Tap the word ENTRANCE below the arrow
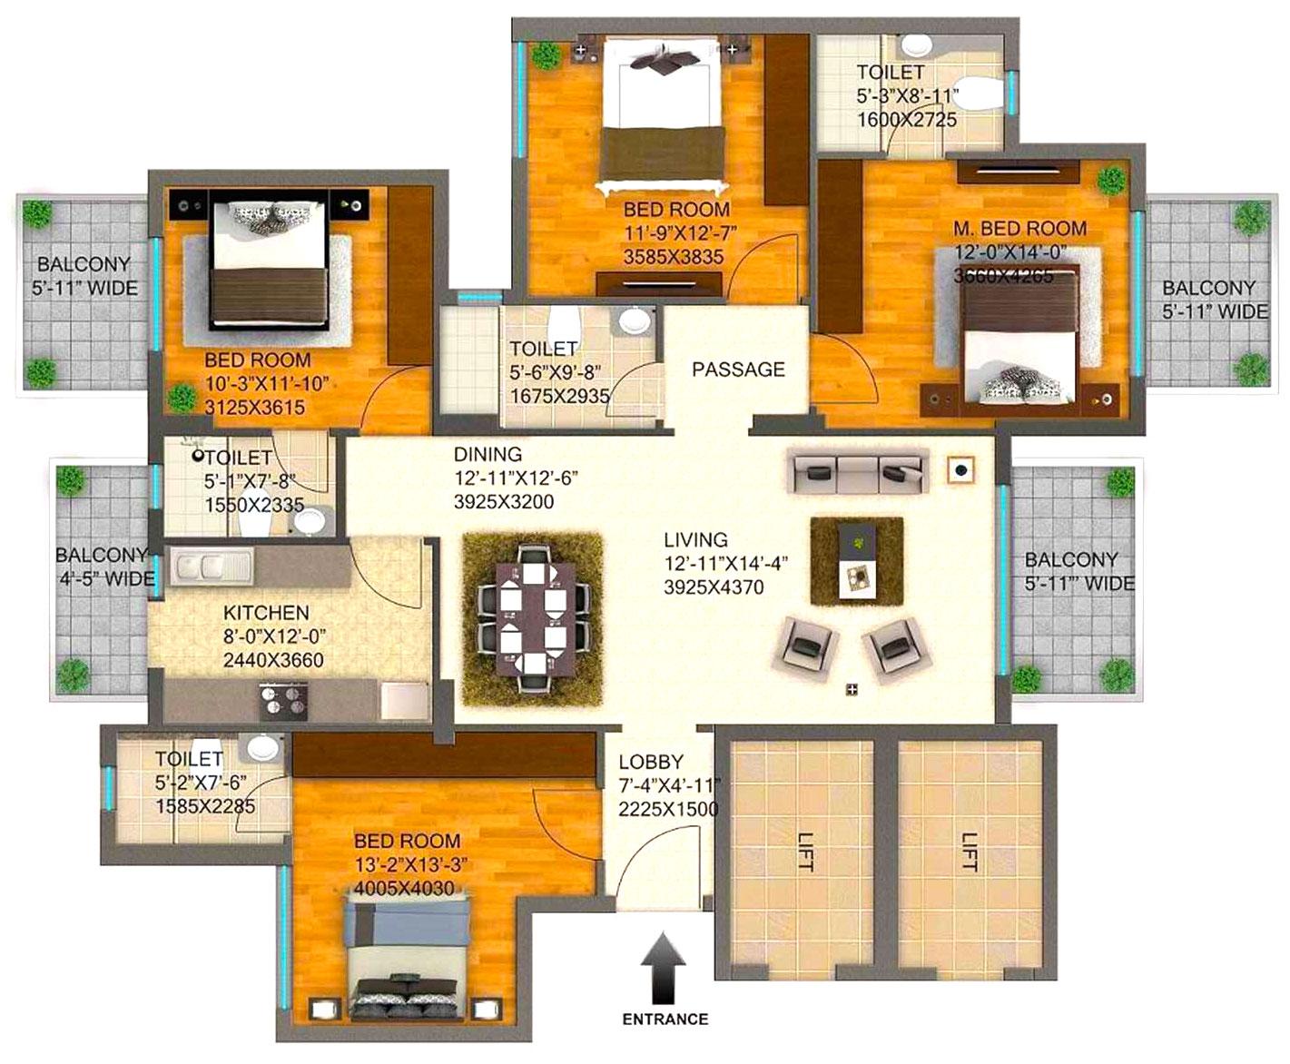665,1019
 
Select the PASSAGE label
738,369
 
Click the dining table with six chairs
533,616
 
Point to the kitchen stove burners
283,698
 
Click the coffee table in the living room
856,560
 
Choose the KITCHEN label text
266,614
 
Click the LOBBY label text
651,763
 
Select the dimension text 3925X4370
714,587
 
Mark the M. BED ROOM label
1019,229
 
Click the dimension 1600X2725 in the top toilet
906,120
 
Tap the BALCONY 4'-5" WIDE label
103,566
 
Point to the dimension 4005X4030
404,889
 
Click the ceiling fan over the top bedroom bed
667,61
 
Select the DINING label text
487,454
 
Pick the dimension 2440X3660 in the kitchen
273,661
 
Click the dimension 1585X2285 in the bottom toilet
205,806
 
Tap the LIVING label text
695,539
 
